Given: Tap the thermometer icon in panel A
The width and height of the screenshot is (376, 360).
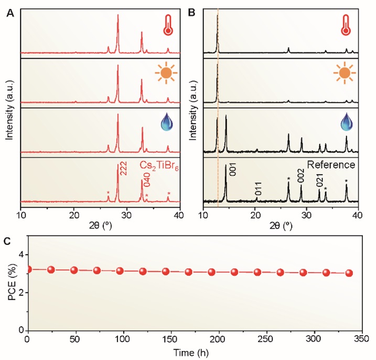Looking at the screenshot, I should click(167, 25).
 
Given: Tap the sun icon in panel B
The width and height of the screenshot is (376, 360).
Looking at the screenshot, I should click(345, 73).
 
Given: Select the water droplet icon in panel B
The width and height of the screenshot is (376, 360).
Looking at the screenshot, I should click(346, 122).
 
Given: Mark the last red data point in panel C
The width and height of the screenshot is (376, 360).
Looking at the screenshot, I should click(349, 273).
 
